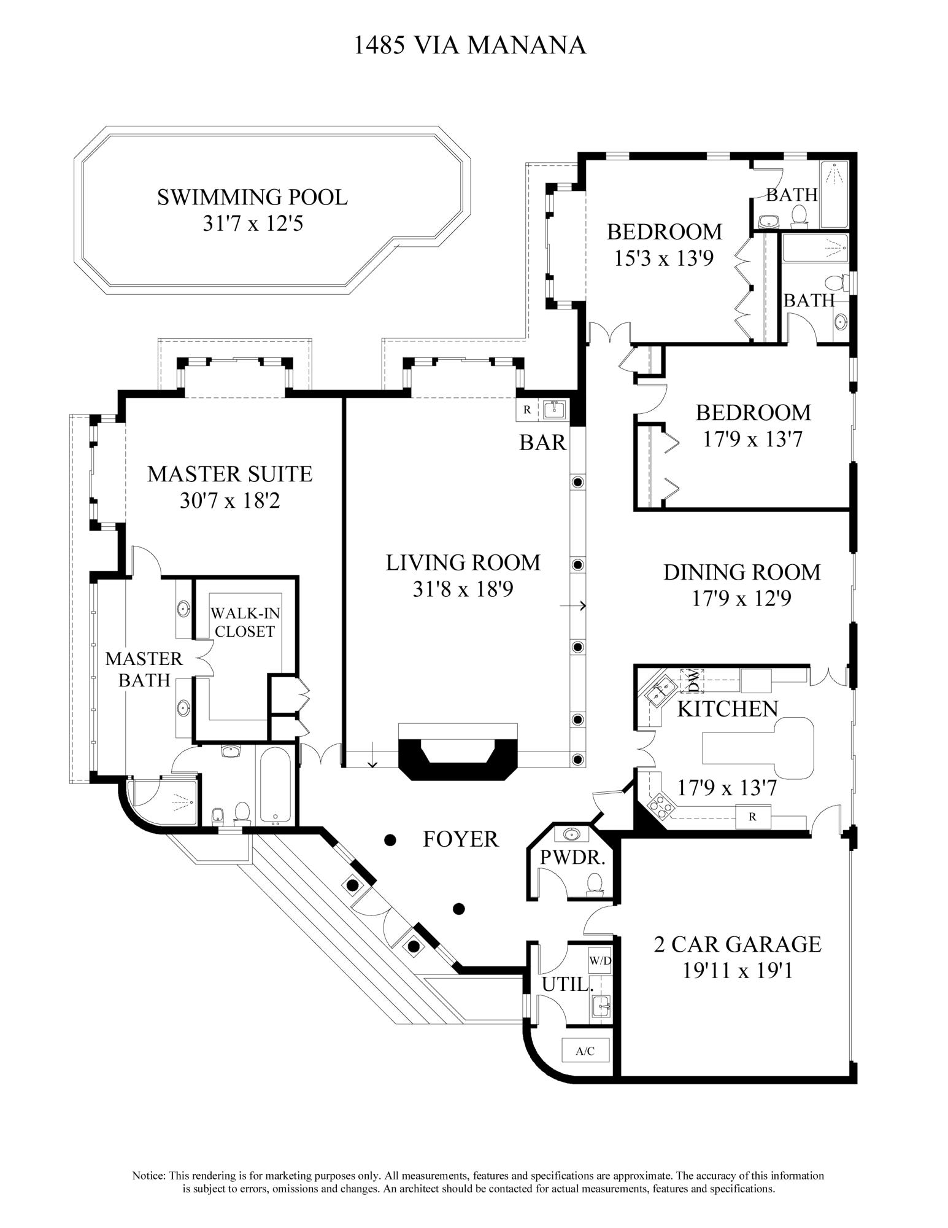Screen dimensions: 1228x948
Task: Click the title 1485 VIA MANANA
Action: [470, 45]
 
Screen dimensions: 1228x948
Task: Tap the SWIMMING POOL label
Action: [252, 198]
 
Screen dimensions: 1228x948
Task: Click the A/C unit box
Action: [585, 1051]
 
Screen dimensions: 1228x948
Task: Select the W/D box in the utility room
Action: [599, 961]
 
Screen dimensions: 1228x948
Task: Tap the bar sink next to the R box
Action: [553, 410]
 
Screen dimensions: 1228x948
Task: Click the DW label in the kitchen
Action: [692, 680]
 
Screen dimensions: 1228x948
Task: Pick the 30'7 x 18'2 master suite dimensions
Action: [229, 501]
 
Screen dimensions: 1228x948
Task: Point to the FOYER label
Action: [460, 839]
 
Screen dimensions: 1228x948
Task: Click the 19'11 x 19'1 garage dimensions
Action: [737, 970]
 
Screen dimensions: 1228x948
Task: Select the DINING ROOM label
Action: [741, 572]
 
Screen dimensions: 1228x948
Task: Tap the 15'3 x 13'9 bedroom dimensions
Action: [664, 258]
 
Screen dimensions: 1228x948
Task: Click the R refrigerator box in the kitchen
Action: [752, 816]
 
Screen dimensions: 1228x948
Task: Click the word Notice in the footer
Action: [148, 1176]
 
